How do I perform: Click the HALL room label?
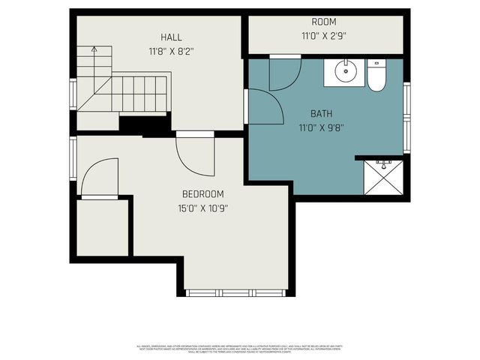171,37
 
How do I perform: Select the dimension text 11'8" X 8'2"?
171,52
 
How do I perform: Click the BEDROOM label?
202,193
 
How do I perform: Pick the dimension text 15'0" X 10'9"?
202,208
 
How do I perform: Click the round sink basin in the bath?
346,73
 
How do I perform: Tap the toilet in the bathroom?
376,76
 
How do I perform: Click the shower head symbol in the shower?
383,161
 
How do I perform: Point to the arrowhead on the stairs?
94,49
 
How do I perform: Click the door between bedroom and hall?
195,154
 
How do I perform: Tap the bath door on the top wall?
285,73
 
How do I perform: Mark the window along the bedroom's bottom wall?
236,292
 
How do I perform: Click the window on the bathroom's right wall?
406,116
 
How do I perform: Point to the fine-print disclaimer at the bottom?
240,349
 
